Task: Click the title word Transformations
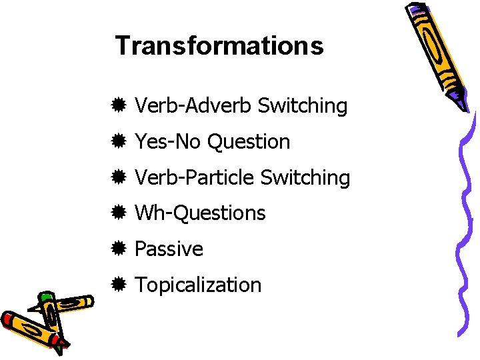[219, 46]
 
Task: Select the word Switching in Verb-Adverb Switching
[302, 105]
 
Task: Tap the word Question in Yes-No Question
[248, 141]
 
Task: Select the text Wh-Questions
[200, 213]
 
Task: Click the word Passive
[169, 249]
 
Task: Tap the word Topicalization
[198, 285]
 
